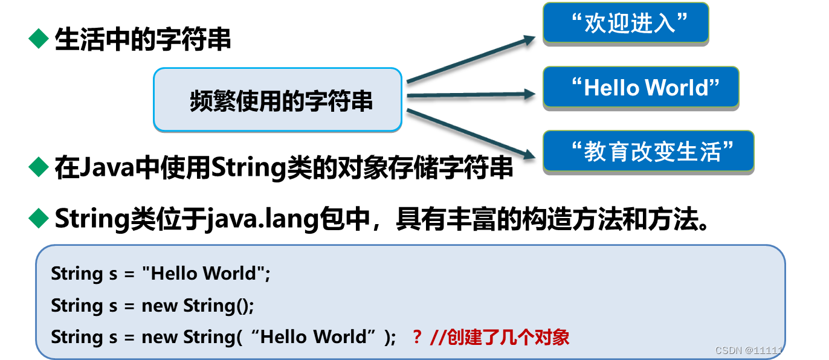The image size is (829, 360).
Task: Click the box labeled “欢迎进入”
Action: [625, 23]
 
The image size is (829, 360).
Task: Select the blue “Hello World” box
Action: [640, 88]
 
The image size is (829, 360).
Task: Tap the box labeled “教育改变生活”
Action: [648, 151]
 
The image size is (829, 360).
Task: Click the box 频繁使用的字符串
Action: [277, 100]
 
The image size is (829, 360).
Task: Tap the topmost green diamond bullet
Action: [39, 39]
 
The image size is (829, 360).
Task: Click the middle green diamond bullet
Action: [39, 167]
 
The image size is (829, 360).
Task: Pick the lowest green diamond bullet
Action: [39, 218]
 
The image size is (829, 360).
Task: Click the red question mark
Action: [416, 337]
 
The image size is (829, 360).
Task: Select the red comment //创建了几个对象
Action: [500, 337]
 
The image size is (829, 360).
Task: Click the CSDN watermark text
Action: [767, 350]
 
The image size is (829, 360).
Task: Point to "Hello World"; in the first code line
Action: [206, 274]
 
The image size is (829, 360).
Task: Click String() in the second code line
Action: [219, 306]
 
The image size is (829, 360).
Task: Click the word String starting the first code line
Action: [77, 274]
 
